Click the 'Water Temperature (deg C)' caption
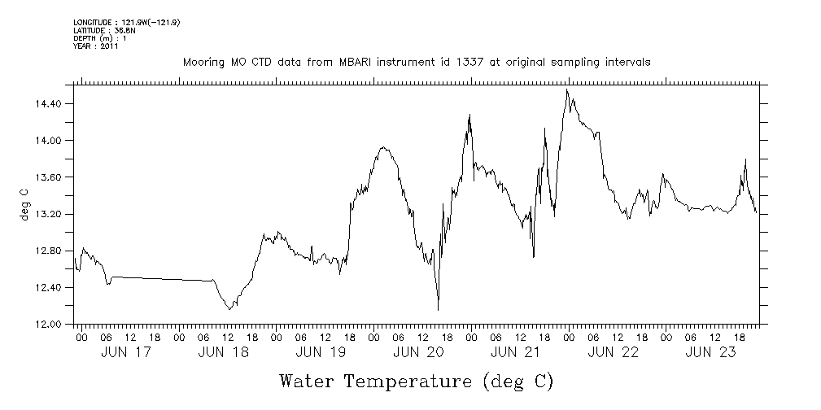coord(416,381)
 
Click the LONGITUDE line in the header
coord(126,23)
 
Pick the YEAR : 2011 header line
coord(96,46)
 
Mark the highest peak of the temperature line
coord(567,89)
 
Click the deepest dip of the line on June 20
coord(438,310)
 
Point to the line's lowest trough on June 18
coord(230,309)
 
